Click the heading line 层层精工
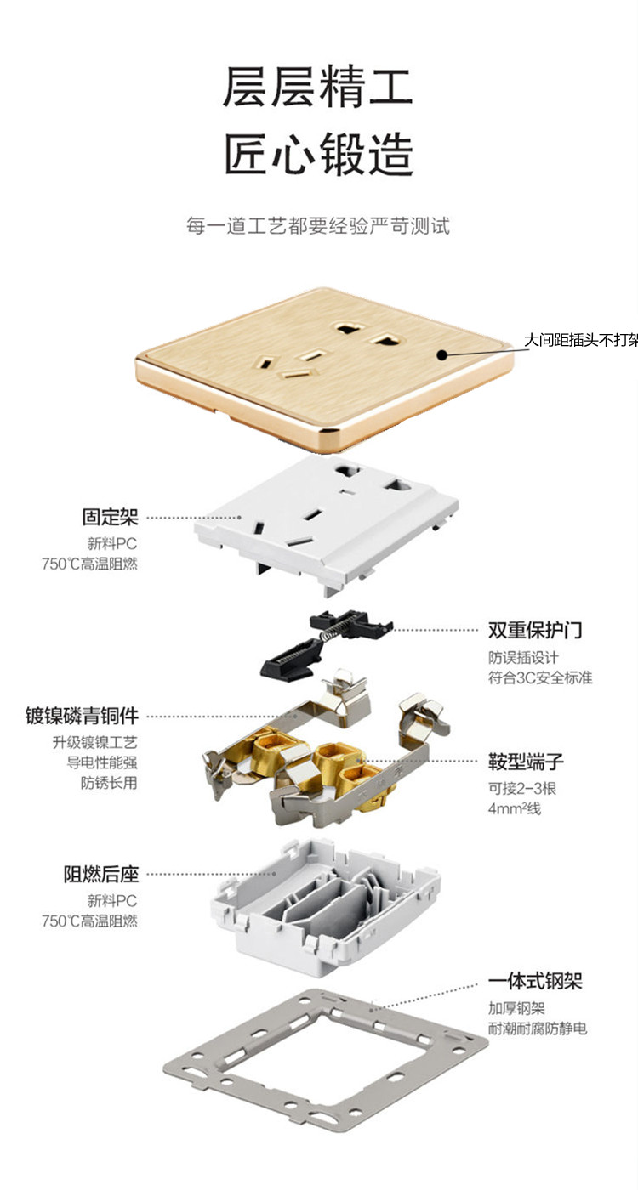point(317,87)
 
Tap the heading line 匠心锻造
point(318,154)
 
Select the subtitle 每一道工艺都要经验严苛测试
point(318,226)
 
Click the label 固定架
point(110,517)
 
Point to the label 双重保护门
point(535,630)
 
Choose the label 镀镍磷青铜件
point(82,716)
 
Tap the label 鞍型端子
point(526,762)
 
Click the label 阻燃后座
point(101,875)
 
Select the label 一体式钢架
point(535,981)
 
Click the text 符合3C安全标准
point(540,678)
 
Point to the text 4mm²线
point(514,808)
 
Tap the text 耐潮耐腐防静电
point(538,1028)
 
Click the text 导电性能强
point(102,762)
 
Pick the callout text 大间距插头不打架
point(580,340)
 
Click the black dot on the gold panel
point(441,354)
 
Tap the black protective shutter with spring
point(325,643)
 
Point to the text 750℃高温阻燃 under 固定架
point(89,564)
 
